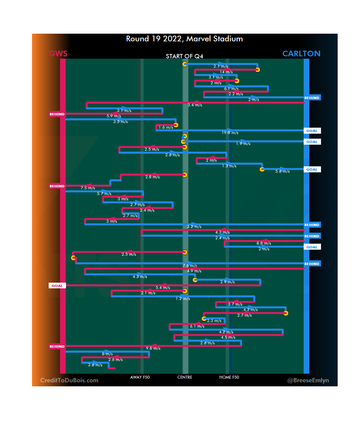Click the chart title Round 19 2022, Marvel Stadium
click(184, 39)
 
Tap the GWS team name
click(58, 54)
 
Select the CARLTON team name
click(301, 54)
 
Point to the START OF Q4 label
click(184, 56)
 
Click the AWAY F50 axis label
click(140, 377)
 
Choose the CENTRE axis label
click(185, 377)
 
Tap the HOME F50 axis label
click(229, 377)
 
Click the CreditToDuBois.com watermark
click(69, 380)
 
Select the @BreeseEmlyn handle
click(308, 380)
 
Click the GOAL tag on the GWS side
click(57, 286)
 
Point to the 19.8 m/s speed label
click(230, 133)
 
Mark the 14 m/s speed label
click(226, 72)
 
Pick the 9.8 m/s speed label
click(153, 348)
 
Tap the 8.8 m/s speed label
click(264, 243)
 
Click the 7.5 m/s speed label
click(88, 188)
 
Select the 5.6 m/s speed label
click(282, 171)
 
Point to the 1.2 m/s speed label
click(183, 299)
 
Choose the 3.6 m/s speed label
click(95, 365)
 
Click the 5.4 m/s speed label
click(163, 288)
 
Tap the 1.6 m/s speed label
click(166, 127)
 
